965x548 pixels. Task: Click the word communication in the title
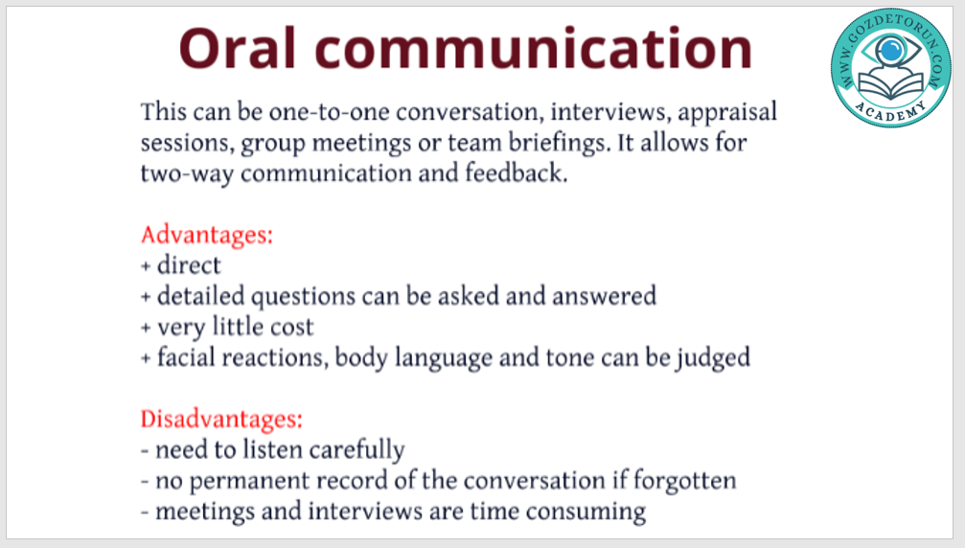[534, 49]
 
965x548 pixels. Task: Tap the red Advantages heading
[207, 236]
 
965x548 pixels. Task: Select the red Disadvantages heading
[221, 420]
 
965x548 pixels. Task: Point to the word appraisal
[727, 113]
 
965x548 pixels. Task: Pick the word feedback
[516, 172]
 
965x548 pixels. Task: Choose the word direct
[189, 265]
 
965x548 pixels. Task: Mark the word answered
[605, 296]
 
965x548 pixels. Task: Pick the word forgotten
[684, 481]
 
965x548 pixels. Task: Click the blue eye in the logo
[890, 49]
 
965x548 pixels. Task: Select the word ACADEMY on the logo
[890, 111]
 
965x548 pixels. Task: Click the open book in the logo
[891, 85]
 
